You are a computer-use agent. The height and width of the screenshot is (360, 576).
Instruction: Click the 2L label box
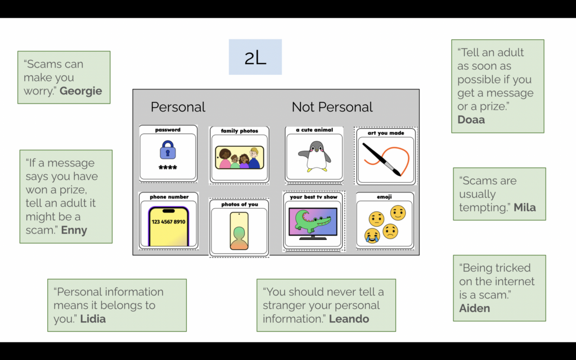coord(255,57)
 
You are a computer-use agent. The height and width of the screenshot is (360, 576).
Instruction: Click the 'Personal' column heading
coord(178,107)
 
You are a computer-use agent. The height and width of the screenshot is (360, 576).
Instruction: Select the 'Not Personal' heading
coord(332,107)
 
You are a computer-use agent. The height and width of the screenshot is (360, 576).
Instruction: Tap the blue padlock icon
coord(168,150)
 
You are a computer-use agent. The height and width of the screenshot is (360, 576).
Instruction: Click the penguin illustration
coord(314,156)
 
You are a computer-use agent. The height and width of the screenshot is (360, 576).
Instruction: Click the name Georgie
coord(81,91)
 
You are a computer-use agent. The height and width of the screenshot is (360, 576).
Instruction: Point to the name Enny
coord(74,230)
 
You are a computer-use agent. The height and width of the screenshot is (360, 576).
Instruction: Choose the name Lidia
coord(93,319)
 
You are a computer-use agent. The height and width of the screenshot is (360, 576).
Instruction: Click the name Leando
coord(349,319)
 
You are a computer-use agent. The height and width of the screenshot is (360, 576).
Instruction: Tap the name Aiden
coord(474,308)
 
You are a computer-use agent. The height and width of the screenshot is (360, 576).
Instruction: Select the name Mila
coord(524,208)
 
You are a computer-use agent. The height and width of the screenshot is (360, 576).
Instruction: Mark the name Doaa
coord(471,120)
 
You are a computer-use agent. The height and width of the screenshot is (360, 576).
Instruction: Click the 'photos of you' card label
coord(240,204)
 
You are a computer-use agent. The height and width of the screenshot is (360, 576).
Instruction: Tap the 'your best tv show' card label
coord(314,197)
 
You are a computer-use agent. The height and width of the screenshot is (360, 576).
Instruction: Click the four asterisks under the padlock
coord(168,168)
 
